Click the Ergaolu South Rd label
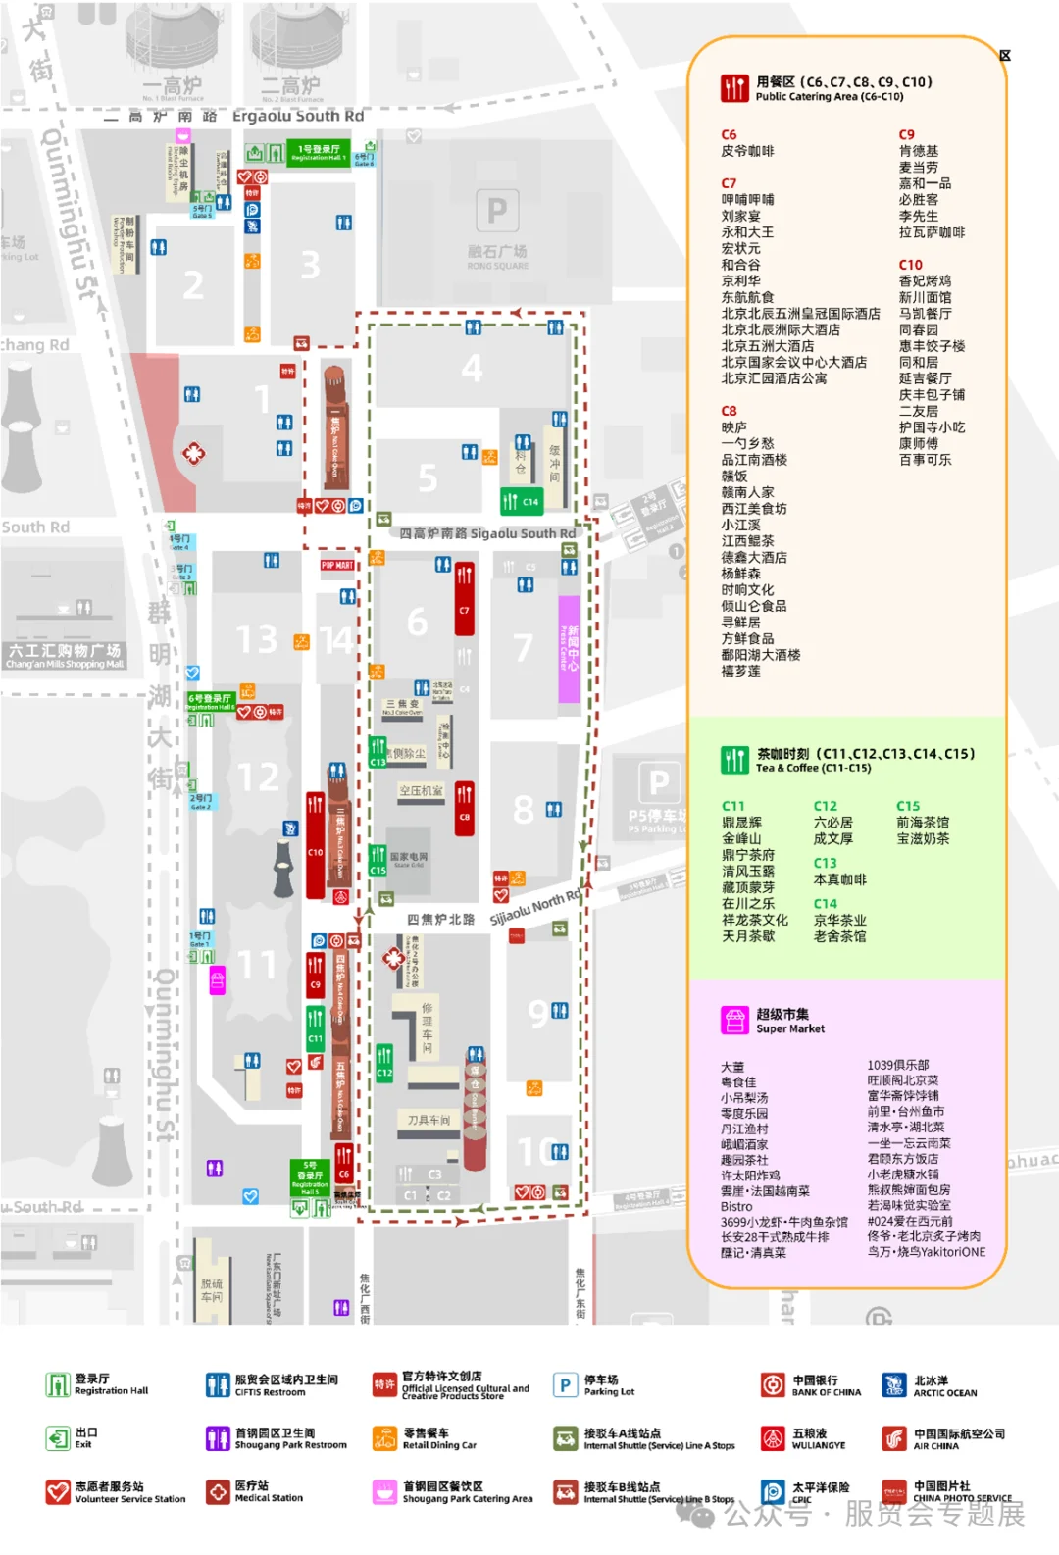[297, 116]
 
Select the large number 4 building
[472, 369]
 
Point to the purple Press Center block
[569, 649]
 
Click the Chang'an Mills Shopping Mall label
[65, 656]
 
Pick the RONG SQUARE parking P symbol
[497, 211]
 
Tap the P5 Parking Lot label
[656, 821]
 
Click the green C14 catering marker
[521, 501]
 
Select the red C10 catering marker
[315, 845]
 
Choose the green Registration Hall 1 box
[318, 152]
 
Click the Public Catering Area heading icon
[734, 88]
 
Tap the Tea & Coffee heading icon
[734, 760]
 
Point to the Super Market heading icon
[734, 1021]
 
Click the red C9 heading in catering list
[907, 134]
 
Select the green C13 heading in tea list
[825, 863]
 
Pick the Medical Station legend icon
[218, 1491]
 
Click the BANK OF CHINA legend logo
[774, 1384]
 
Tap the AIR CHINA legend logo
[894, 1438]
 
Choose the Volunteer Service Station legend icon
[58, 1491]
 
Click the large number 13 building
[257, 639]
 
